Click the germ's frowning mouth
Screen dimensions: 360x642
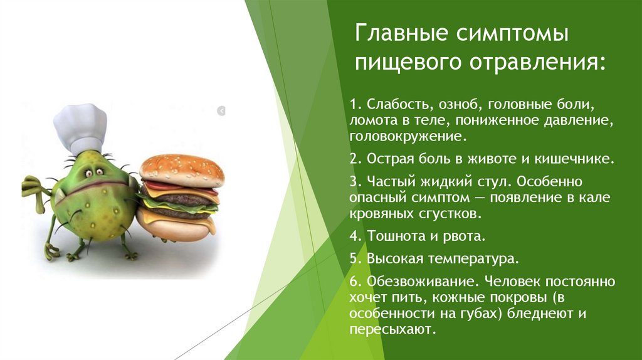click(94, 186)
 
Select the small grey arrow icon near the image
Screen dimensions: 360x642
click(221, 111)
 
